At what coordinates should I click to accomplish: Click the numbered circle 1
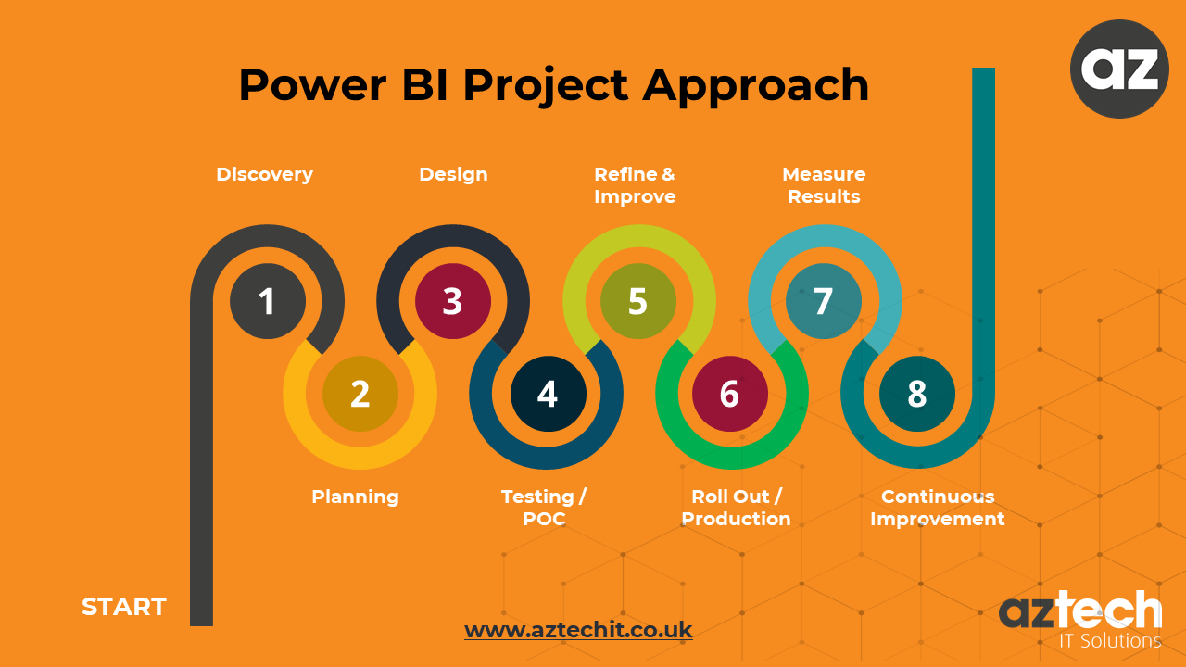(x=267, y=301)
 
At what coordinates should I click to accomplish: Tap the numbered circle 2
(x=360, y=394)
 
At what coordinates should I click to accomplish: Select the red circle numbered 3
(x=452, y=301)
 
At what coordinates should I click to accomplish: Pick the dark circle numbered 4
(x=548, y=394)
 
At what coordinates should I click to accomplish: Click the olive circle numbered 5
(x=637, y=301)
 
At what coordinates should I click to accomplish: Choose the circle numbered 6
(x=730, y=394)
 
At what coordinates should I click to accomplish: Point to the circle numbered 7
(x=823, y=301)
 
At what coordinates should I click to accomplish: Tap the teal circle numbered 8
(x=916, y=394)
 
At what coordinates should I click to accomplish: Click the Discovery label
(x=264, y=174)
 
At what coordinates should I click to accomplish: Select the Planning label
(x=355, y=497)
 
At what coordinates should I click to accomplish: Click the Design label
(x=453, y=174)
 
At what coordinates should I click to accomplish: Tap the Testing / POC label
(x=544, y=508)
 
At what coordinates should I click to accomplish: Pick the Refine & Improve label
(x=635, y=185)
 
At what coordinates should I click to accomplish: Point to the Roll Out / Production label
(x=737, y=508)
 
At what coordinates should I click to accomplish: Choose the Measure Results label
(x=824, y=185)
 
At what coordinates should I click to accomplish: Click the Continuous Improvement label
(x=938, y=508)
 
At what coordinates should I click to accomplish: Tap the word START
(x=124, y=607)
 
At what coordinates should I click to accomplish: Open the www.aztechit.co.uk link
(x=578, y=630)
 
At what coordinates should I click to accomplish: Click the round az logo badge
(x=1118, y=69)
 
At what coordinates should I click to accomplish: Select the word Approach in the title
(x=756, y=85)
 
